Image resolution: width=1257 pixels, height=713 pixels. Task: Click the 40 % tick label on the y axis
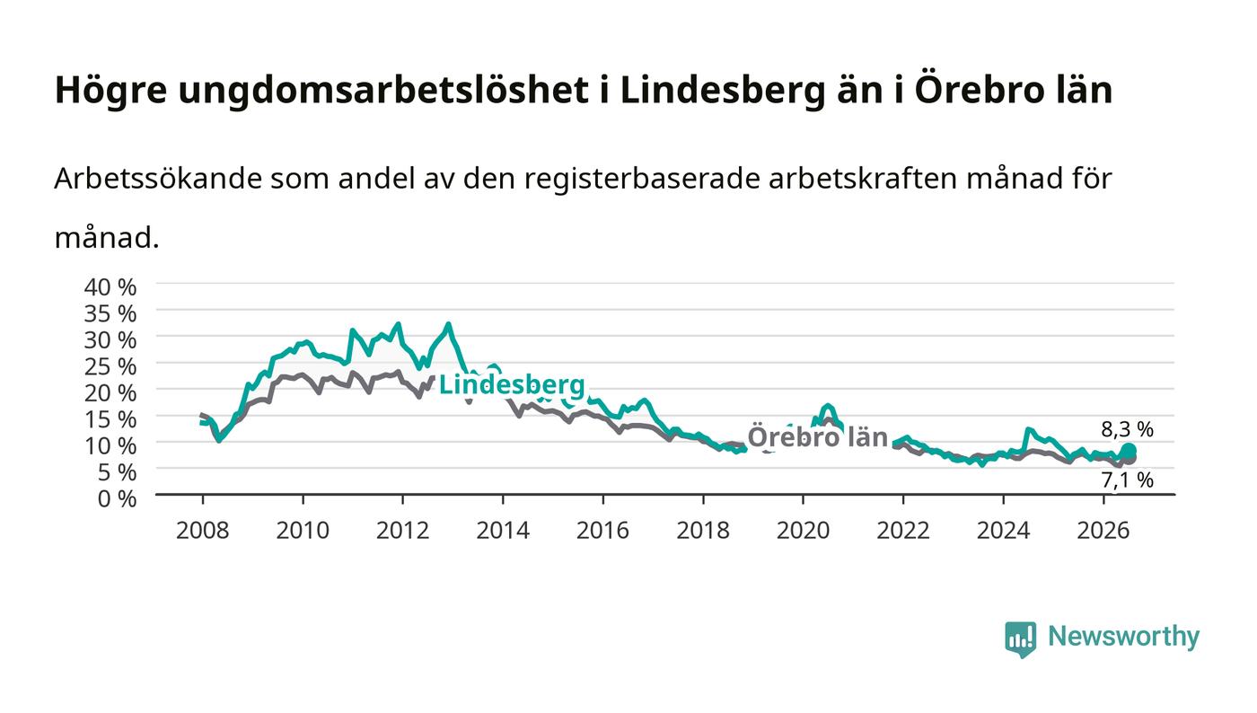pos(110,286)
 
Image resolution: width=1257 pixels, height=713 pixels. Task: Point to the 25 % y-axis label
pos(110,366)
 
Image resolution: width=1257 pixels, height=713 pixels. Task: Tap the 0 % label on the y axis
pos(117,498)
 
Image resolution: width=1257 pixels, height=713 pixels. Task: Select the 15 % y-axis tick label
pos(110,419)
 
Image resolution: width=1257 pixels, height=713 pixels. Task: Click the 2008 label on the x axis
pos(203,531)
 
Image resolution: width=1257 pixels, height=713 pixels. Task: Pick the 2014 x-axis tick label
pos(503,531)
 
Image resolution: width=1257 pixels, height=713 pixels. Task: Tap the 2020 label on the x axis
pos(803,531)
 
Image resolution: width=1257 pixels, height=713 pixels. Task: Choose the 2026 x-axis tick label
pos(1103,531)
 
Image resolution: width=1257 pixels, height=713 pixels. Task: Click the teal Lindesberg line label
pos(512,385)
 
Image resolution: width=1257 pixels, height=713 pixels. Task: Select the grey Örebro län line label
pos(818,436)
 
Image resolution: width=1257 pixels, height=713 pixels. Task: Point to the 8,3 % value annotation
pos(1127,429)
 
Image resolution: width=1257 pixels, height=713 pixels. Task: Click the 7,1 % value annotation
pos(1127,480)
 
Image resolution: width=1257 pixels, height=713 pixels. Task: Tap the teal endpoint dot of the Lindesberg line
pos(1129,451)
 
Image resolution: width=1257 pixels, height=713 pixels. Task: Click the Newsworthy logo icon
pos(1020,638)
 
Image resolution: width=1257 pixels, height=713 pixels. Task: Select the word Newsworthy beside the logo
pos(1123,637)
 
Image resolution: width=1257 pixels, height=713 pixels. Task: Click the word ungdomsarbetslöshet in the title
pos(383,90)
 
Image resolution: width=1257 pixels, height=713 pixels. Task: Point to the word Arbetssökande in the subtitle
pos(158,179)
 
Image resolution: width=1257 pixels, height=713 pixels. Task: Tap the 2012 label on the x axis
pos(403,531)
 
